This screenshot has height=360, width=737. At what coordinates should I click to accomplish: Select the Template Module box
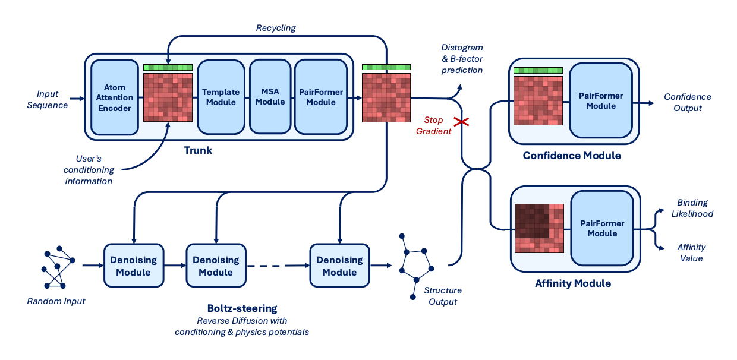(x=221, y=97)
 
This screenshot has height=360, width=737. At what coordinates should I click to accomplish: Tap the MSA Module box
(x=270, y=97)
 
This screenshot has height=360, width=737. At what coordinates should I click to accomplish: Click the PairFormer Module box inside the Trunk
(x=320, y=97)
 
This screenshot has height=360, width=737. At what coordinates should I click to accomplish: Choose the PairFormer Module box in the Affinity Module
(x=601, y=229)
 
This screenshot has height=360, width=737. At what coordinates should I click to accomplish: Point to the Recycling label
(x=275, y=28)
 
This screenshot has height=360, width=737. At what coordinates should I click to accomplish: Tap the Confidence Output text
(x=687, y=102)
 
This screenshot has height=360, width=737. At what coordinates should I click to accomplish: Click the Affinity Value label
(x=691, y=252)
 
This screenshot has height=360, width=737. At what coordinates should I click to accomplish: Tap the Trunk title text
(x=198, y=150)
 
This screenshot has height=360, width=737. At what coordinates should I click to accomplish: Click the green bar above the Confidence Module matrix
(x=537, y=71)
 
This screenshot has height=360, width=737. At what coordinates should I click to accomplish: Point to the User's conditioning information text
(x=89, y=170)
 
